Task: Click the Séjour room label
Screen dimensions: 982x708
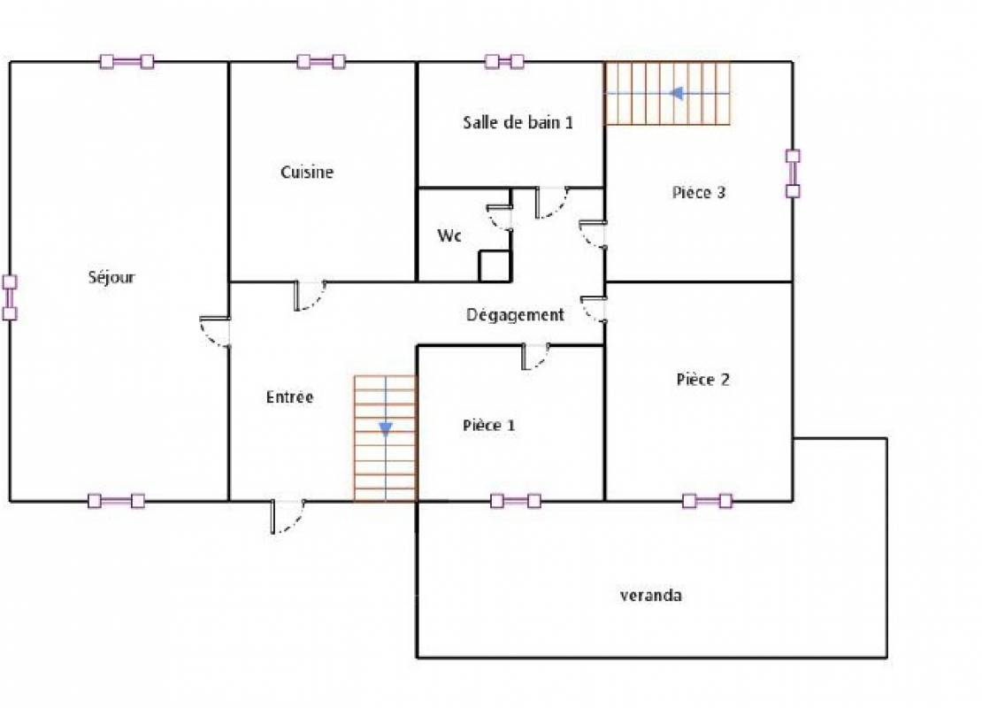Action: [111, 277]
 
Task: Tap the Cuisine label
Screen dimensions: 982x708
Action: [307, 172]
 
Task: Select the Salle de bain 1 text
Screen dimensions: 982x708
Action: [518, 121]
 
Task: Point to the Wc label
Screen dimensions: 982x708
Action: [449, 235]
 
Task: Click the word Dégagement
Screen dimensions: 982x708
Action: [515, 314]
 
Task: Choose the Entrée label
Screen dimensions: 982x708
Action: [289, 396]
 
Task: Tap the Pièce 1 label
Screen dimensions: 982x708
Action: [488, 425]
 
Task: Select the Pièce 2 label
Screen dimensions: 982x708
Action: [702, 379]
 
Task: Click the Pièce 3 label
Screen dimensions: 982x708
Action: [698, 192]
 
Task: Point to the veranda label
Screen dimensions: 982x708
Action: [651, 595]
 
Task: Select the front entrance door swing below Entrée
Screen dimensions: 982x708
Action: [288, 516]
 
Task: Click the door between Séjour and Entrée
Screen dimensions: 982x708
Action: [215, 332]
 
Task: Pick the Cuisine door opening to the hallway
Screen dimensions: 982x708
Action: [310, 296]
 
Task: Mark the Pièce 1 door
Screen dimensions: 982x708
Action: [536, 357]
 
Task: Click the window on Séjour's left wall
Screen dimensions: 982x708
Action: [10, 297]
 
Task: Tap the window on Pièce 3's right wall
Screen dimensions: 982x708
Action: [793, 173]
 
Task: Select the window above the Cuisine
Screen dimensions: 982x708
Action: [321, 61]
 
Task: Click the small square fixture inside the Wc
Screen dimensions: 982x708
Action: [495, 265]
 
